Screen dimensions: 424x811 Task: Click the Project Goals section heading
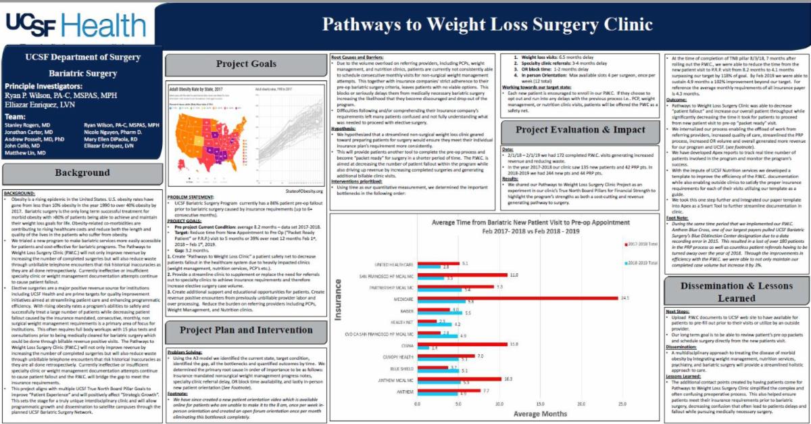pos(246,64)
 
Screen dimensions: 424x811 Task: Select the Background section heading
pos(82,172)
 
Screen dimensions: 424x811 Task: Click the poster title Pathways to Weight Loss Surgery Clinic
pos(487,25)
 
